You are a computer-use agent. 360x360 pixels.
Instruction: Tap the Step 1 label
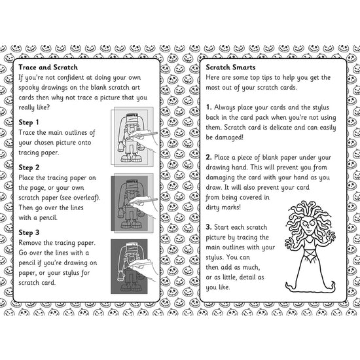click(x=29, y=122)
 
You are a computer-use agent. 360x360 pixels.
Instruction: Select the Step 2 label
click(x=29, y=167)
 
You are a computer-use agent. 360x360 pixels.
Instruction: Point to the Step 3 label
click(x=29, y=232)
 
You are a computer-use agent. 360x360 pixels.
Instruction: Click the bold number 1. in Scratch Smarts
click(x=208, y=106)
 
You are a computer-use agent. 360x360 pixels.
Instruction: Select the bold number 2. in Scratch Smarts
click(x=208, y=157)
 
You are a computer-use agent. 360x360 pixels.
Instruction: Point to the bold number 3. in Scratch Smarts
click(x=208, y=227)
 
